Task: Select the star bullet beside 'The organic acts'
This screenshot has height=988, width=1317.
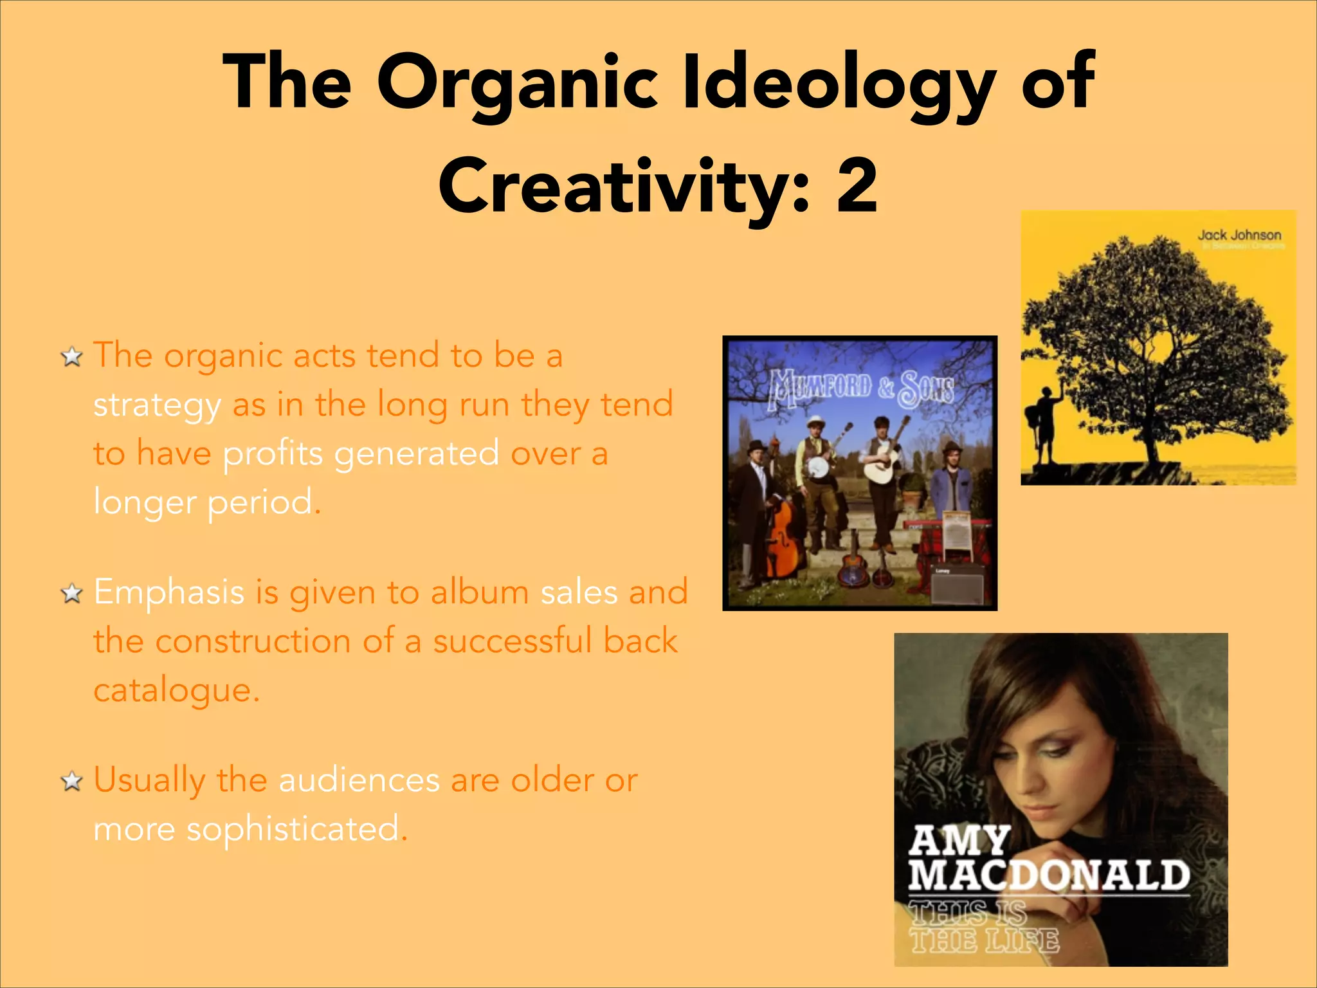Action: (x=71, y=356)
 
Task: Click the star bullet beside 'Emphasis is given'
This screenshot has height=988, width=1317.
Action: (x=71, y=594)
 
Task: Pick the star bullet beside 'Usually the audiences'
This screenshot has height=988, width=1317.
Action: (x=71, y=782)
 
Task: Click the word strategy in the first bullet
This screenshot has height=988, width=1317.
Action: (x=157, y=406)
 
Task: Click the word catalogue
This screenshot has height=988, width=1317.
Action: (x=176, y=691)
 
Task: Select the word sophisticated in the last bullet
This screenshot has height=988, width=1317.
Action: (x=293, y=828)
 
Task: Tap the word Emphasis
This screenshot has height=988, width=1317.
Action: (x=168, y=592)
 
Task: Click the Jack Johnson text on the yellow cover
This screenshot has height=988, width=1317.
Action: (x=1239, y=235)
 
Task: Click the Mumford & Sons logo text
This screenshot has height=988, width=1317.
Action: (x=861, y=388)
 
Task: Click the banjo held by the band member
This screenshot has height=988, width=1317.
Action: (x=818, y=467)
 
